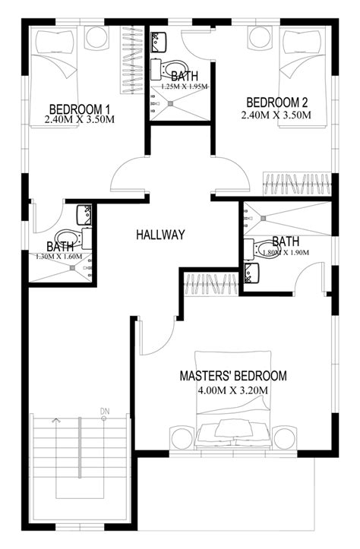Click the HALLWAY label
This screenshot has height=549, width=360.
click(160, 235)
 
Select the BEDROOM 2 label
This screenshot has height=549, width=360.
click(277, 103)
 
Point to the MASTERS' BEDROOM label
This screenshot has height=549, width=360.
click(233, 376)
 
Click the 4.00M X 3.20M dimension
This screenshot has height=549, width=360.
click(233, 390)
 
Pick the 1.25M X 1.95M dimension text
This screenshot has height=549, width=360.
click(185, 87)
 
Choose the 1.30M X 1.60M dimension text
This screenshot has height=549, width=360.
click(58, 257)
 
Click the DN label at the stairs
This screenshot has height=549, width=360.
click(104, 411)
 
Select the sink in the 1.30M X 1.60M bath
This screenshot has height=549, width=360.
click(84, 215)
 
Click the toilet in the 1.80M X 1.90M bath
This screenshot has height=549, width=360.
click(259, 250)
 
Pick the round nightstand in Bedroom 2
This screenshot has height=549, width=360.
click(260, 37)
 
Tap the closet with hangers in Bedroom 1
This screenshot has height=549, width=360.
click(131, 60)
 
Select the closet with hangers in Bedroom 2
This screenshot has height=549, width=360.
click(297, 185)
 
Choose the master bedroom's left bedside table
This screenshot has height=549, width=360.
click(182, 437)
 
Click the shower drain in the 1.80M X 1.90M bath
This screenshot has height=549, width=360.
click(264, 218)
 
